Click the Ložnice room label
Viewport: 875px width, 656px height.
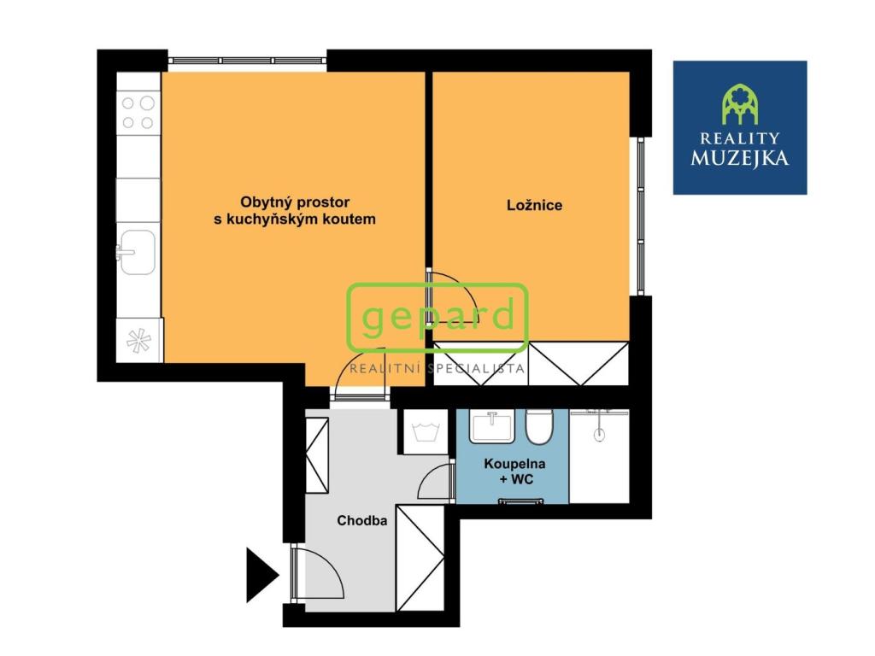coord(534,206)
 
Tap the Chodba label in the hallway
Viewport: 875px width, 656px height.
coord(362,520)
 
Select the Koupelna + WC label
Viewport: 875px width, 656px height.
coord(515,471)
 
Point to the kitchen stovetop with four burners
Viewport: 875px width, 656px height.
coord(138,112)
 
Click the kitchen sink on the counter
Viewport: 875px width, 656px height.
coord(138,253)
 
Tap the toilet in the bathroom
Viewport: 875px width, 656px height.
coord(539,425)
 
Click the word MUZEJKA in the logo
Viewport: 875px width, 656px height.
coord(740,158)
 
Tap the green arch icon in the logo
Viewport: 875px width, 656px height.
coord(740,104)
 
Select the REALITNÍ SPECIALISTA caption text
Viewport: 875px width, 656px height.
coord(437,369)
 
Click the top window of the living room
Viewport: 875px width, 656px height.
coord(247,61)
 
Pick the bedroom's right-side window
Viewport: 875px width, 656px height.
coord(637,215)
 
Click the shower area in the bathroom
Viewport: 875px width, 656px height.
coord(599,455)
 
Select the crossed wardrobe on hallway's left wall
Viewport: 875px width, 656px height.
coord(317,454)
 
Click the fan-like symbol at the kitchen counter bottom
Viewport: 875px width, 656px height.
coord(138,340)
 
